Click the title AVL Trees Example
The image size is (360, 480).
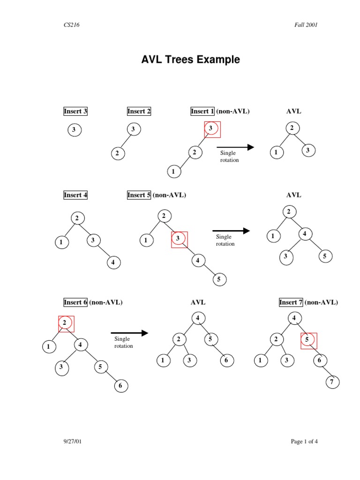click(x=191, y=60)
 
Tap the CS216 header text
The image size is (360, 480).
click(x=72, y=25)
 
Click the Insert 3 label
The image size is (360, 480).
click(x=75, y=111)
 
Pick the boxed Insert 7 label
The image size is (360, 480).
click(x=291, y=302)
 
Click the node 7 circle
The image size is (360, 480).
click(x=332, y=382)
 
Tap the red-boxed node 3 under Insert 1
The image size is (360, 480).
click(x=212, y=128)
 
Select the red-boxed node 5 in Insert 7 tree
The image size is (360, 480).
click(x=308, y=341)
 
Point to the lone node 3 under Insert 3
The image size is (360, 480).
click(x=74, y=130)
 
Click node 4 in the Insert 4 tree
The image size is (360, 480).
click(x=113, y=262)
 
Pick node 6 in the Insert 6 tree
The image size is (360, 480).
click(x=120, y=386)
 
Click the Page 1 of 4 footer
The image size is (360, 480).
click(x=304, y=441)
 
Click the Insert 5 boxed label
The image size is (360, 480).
click(x=139, y=195)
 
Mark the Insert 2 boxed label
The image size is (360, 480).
click(x=139, y=111)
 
